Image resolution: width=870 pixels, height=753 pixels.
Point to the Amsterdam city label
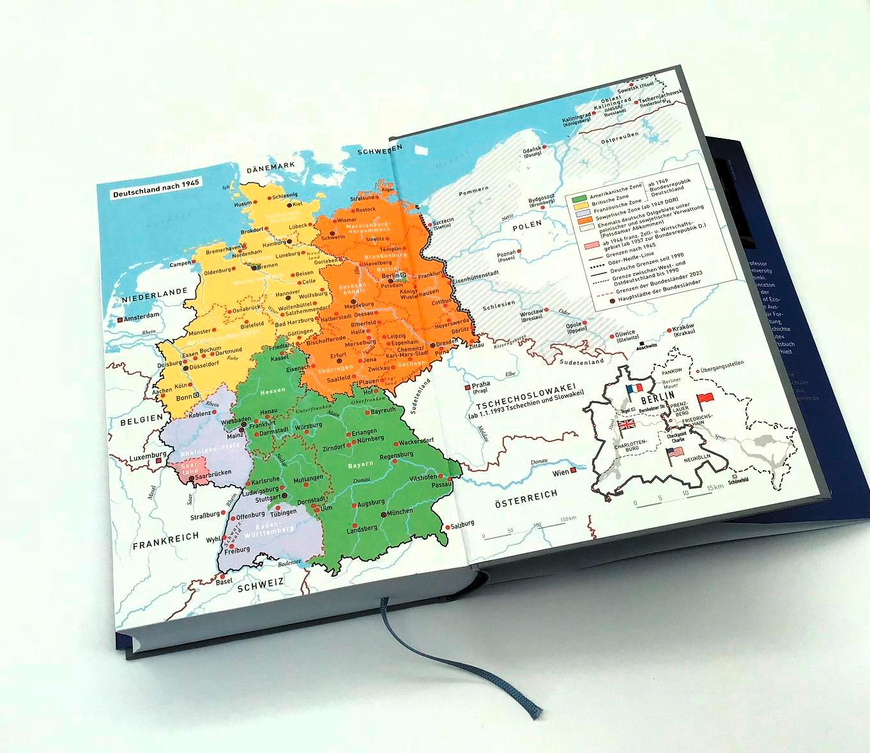[142, 316]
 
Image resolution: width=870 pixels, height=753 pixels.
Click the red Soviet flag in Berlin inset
[705, 400]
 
